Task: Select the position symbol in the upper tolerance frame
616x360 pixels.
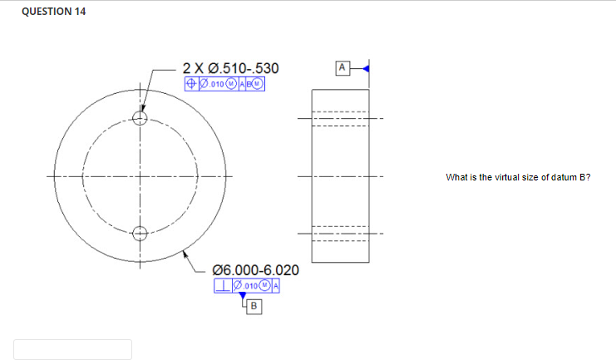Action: click(x=190, y=83)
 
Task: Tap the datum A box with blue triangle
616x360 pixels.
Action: click(x=341, y=67)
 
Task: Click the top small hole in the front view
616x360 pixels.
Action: click(x=140, y=118)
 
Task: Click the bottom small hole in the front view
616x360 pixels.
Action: click(x=140, y=233)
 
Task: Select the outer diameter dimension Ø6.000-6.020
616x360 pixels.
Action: click(x=256, y=271)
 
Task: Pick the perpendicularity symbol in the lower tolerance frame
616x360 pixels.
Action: click(x=221, y=287)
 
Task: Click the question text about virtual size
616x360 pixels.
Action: click(x=517, y=177)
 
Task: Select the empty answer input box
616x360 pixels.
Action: click(x=72, y=349)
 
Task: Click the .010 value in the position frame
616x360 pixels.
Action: click(x=215, y=83)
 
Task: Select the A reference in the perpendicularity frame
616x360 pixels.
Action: click(x=274, y=287)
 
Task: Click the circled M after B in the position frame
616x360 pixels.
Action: click(x=258, y=83)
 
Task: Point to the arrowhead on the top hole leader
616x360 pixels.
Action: click(x=143, y=109)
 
